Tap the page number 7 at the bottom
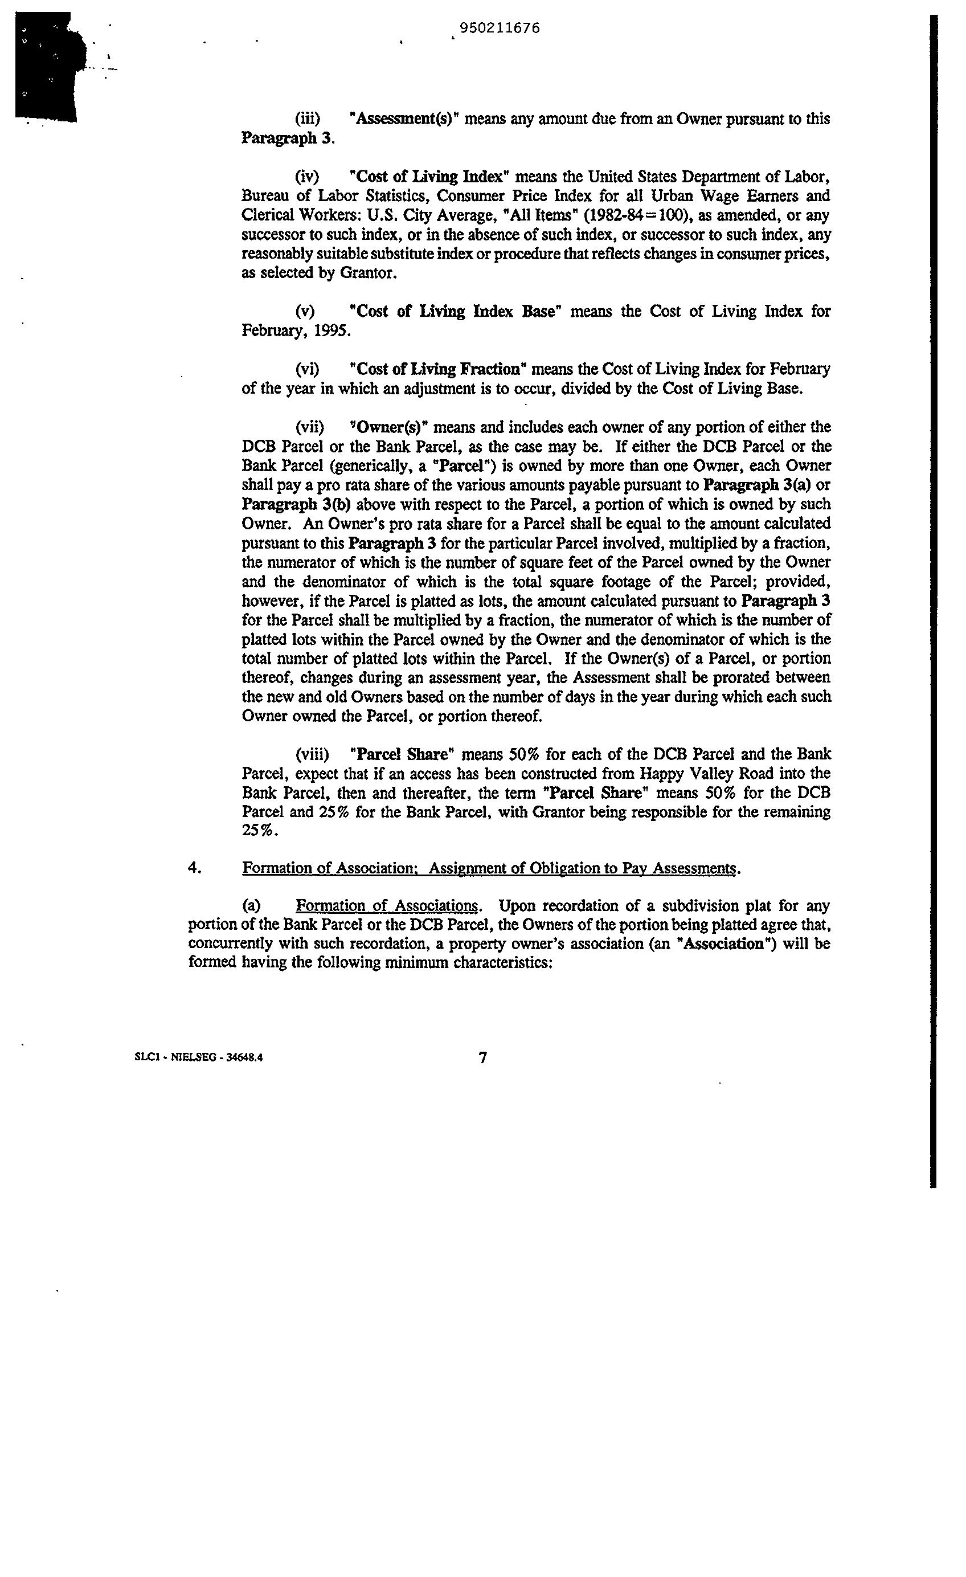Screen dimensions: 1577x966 (x=483, y=1058)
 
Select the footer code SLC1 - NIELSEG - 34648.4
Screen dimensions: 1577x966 (x=199, y=1058)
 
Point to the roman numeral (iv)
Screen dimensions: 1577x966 (x=307, y=177)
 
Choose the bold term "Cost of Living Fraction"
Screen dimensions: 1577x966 (x=438, y=369)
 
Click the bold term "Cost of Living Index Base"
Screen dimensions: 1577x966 (x=456, y=312)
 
